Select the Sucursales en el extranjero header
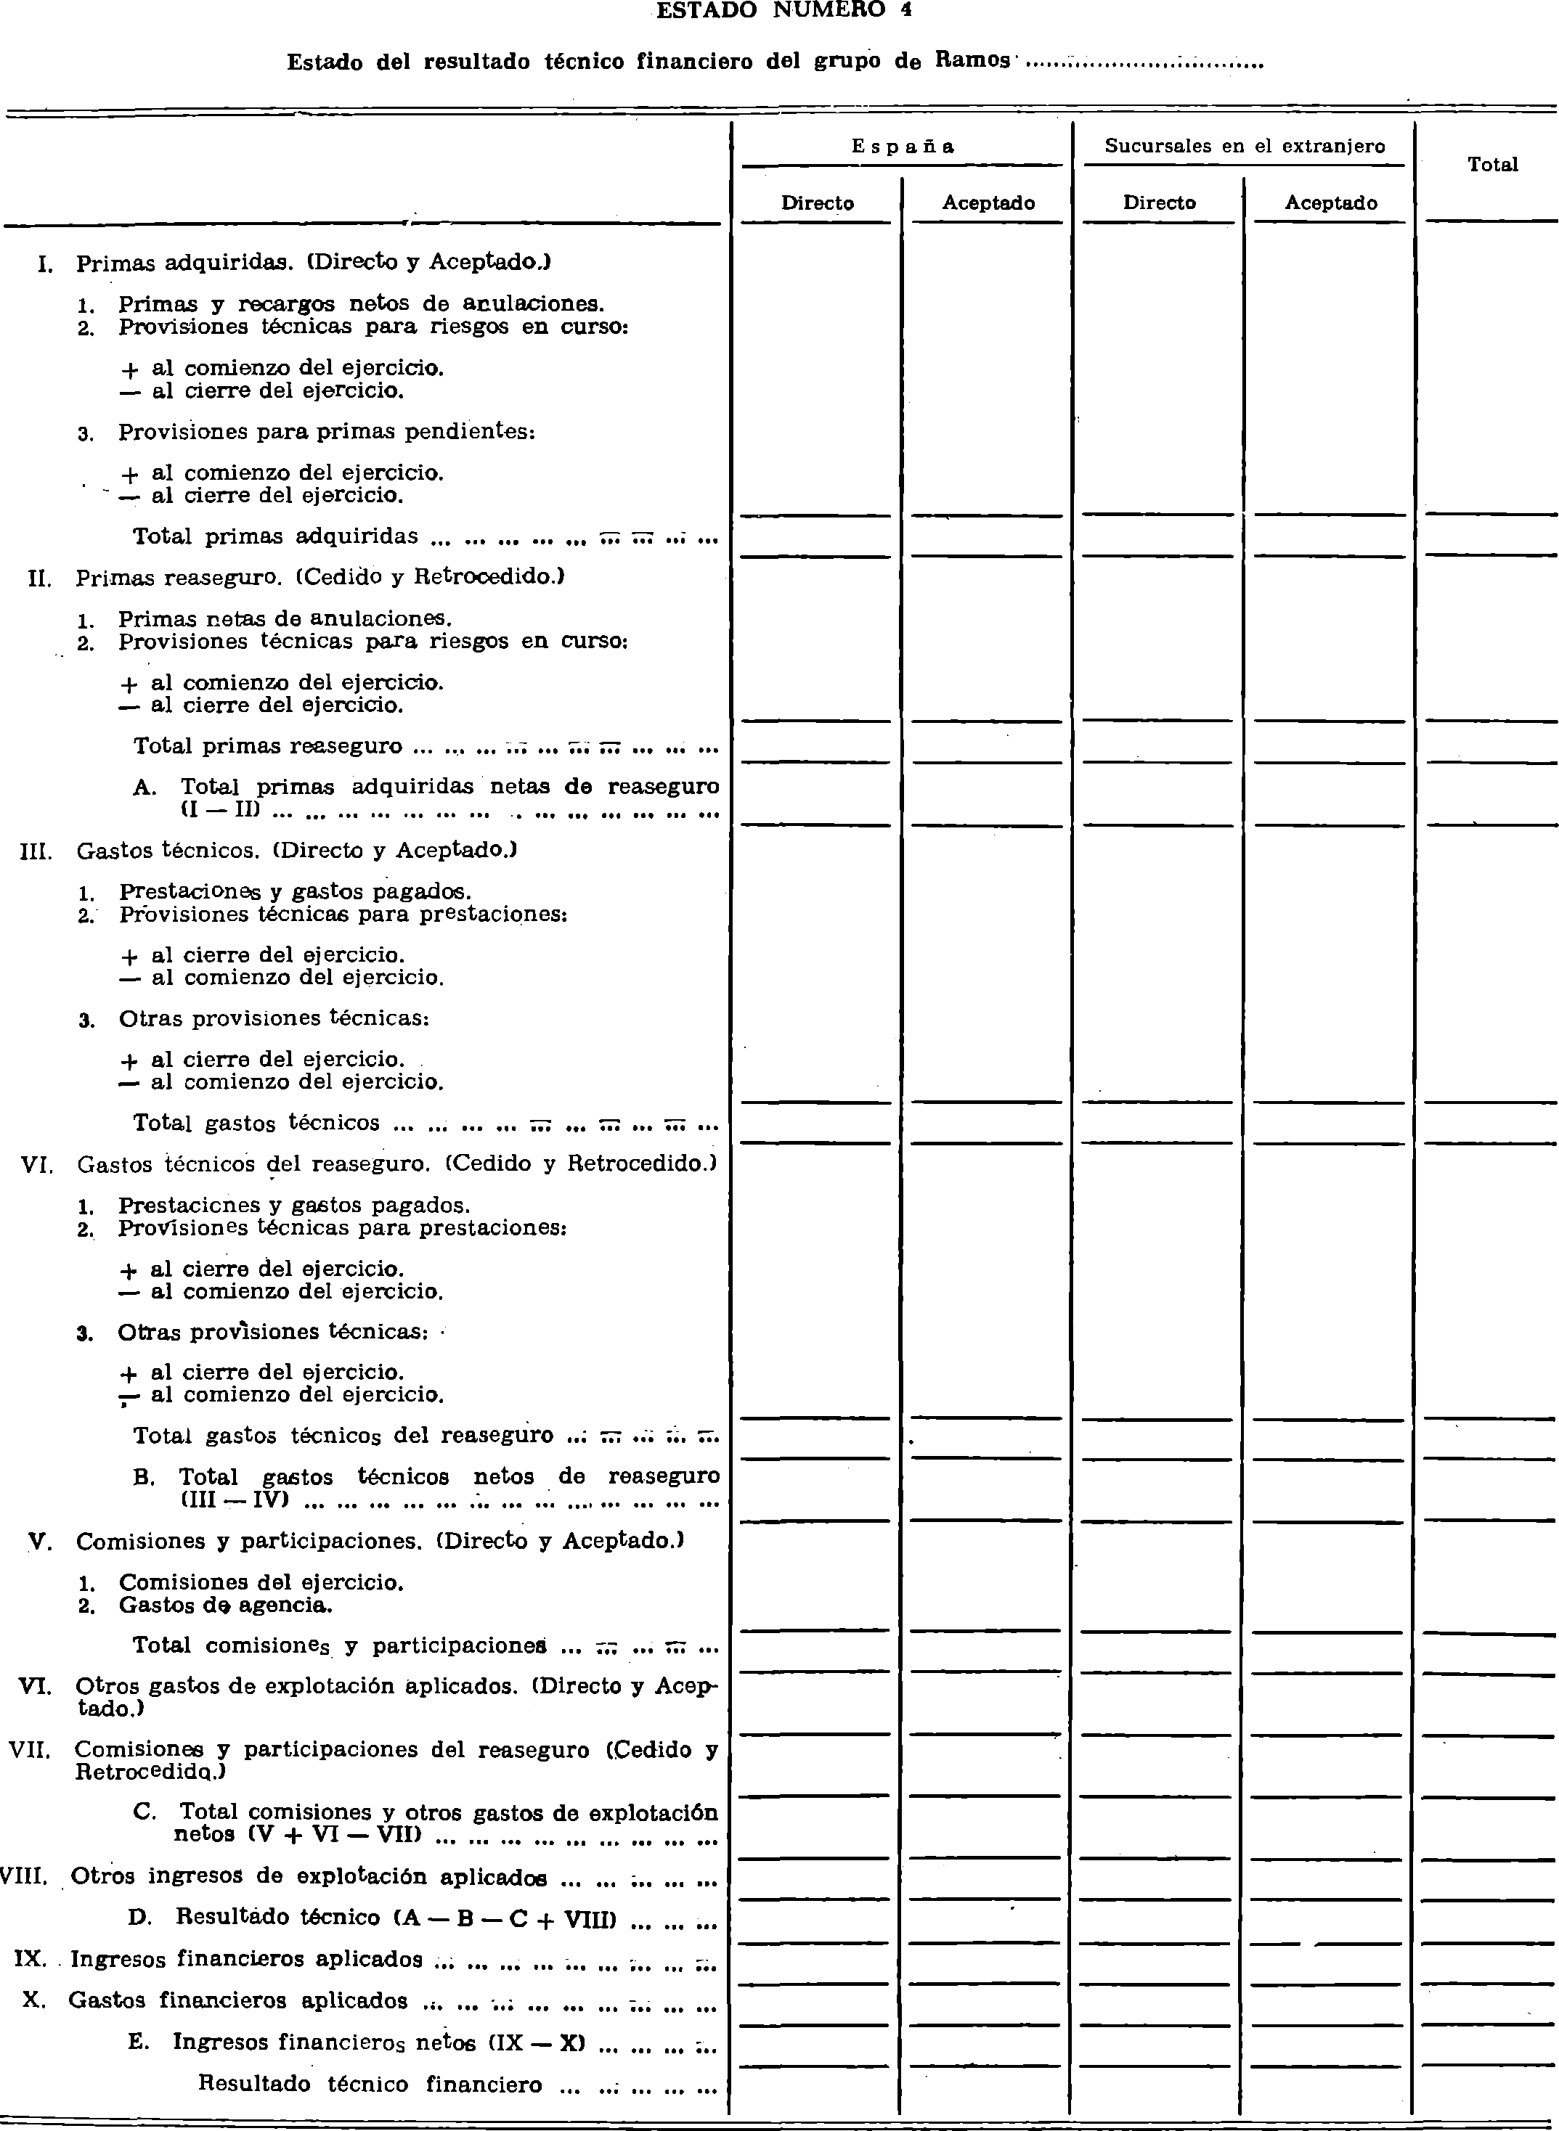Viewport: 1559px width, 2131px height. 1244,146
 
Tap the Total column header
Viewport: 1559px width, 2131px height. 1492,165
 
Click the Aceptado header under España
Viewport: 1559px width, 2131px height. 988,203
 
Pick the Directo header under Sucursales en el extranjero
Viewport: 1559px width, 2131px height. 1159,203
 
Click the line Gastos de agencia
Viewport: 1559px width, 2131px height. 224,1605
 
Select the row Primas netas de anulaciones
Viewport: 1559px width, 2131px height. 285,619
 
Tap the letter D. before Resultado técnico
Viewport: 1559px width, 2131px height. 139,1917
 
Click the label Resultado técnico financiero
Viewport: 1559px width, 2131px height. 370,2084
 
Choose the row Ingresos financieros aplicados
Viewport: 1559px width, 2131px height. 245,1959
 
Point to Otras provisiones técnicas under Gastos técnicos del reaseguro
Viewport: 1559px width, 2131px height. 272,1332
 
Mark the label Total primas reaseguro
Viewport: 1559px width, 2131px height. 267,746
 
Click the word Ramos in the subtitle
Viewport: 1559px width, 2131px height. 972,61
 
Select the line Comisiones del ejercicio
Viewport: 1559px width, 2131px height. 261,1582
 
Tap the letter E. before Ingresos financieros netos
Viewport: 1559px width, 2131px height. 138,2042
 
